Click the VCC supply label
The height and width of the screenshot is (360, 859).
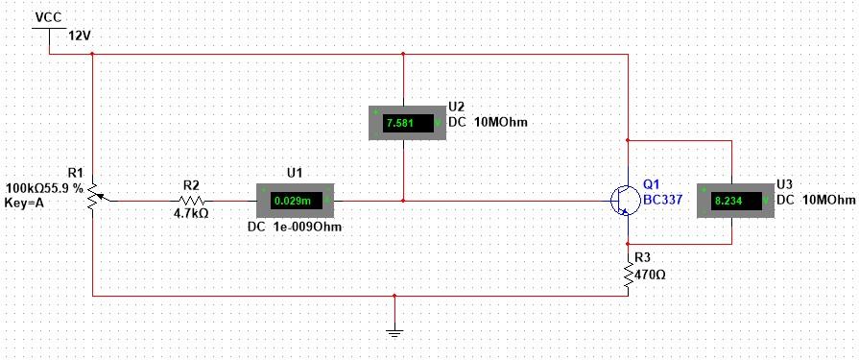(48, 17)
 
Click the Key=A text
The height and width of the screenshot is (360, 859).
(27, 204)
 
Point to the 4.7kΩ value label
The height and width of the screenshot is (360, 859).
(190, 214)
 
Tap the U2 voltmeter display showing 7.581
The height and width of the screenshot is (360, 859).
(403, 123)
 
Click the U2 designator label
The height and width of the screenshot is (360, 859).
(456, 107)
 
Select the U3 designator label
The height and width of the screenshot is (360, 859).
(784, 183)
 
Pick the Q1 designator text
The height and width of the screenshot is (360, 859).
(652, 183)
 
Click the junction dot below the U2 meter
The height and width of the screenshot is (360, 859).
(403, 200)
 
